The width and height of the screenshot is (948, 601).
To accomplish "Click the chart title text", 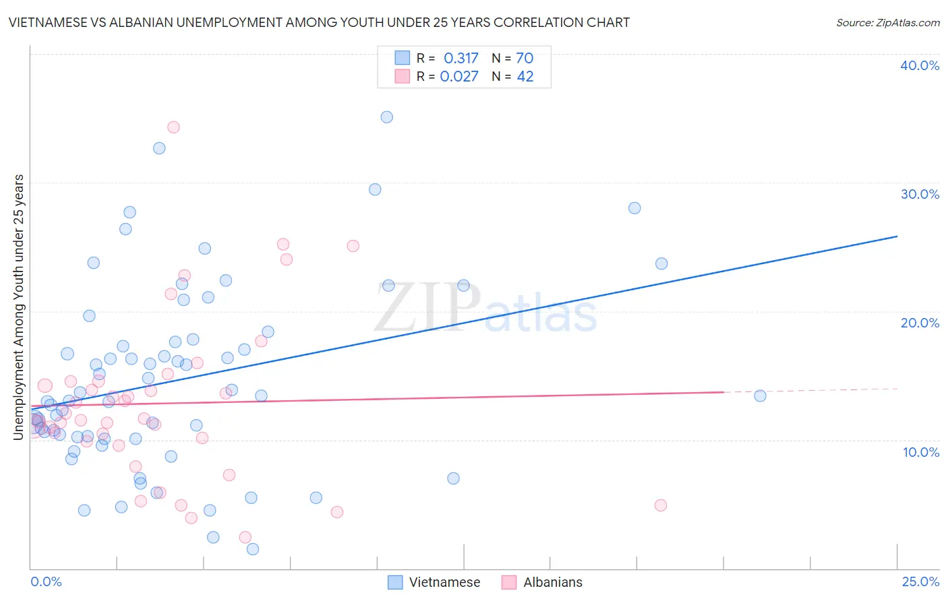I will [x=319, y=22].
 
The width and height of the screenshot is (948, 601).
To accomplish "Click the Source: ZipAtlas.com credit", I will [x=887, y=22].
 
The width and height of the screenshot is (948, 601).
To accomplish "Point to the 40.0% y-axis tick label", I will [x=920, y=65].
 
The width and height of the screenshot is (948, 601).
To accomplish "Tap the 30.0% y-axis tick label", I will [x=920, y=194].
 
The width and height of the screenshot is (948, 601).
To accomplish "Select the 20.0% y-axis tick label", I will [x=920, y=323].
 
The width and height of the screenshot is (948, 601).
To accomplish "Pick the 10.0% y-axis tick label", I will [x=920, y=452].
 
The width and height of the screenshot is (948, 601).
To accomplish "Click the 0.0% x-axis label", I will [x=46, y=581].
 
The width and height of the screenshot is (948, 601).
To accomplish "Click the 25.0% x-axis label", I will [x=920, y=581].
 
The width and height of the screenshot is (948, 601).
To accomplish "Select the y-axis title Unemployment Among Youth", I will [x=19, y=307].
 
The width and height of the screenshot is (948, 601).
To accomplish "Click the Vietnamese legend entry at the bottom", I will [x=435, y=582].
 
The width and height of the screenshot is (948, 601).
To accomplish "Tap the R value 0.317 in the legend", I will [x=461, y=59].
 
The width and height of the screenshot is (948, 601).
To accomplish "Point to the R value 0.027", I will [x=459, y=77].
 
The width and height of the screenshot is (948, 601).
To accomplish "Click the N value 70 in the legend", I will [x=525, y=59].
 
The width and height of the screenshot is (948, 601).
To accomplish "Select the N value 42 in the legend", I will [x=525, y=77].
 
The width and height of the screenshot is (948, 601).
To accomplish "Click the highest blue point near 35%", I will [x=386, y=117].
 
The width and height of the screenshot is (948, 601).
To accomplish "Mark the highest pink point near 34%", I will [x=173, y=127].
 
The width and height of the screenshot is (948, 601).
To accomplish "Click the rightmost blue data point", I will [x=760, y=396].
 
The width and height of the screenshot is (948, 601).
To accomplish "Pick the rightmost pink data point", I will [x=661, y=505].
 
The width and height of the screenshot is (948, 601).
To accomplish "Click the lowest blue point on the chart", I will [x=253, y=549].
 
